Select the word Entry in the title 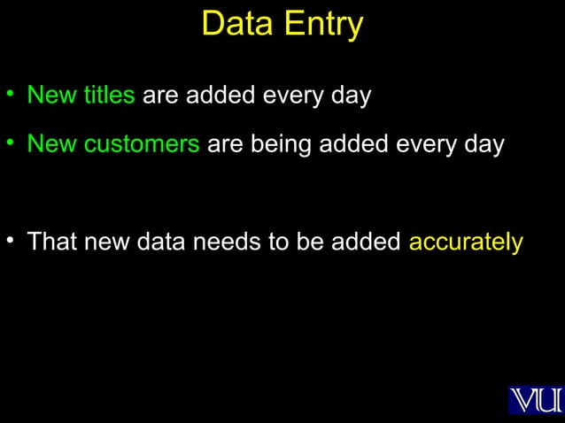click(322, 24)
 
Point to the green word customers click(142, 143)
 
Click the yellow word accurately click(466, 242)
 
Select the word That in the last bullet click(52, 242)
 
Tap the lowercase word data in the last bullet click(164, 242)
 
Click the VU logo click(536, 400)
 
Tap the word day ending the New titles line click(351, 96)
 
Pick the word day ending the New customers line click(484, 144)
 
